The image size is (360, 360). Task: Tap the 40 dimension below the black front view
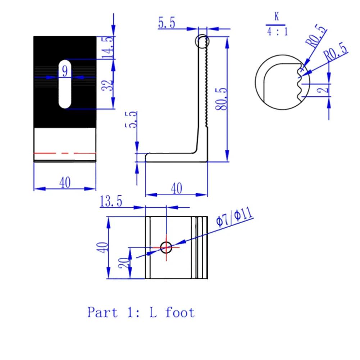tap(65, 183)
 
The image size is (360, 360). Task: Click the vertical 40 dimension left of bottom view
tap(103, 247)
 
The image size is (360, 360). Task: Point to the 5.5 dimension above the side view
tap(167, 23)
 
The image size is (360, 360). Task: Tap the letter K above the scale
tap(277, 17)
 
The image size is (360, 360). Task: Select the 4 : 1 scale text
tap(277, 31)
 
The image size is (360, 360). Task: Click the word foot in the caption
tap(180, 312)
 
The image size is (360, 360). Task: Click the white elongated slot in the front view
tap(65, 84)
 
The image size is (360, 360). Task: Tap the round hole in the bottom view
tap(166, 247)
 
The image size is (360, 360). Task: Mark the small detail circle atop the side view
tap(202, 41)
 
